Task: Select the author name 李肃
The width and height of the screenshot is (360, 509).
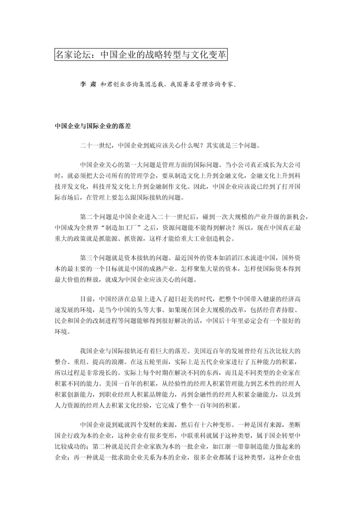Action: [x=84, y=83]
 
